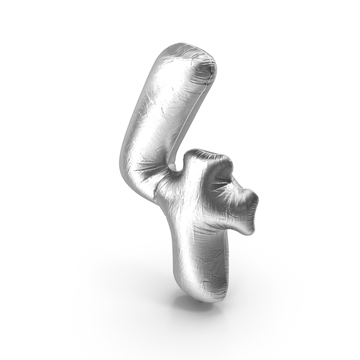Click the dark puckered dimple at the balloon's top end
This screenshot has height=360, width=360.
[205, 69]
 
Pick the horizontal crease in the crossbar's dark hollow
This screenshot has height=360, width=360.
[220, 184]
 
